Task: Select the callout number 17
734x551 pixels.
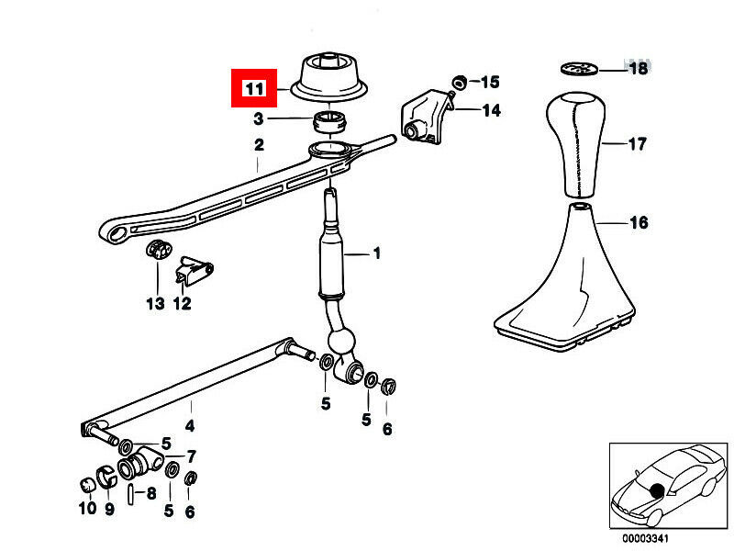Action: point(637,144)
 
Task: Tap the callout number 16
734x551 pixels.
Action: point(638,222)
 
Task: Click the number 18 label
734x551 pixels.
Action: point(637,69)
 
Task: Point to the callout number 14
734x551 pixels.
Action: point(491,110)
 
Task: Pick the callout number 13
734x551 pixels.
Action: point(154,303)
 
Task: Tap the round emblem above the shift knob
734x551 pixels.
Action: point(578,68)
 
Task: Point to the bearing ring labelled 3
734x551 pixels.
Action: point(329,120)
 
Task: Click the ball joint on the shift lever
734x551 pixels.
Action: point(342,343)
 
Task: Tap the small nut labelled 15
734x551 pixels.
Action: point(459,81)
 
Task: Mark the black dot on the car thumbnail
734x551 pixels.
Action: point(657,489)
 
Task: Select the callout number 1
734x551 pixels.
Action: point(375,253)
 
